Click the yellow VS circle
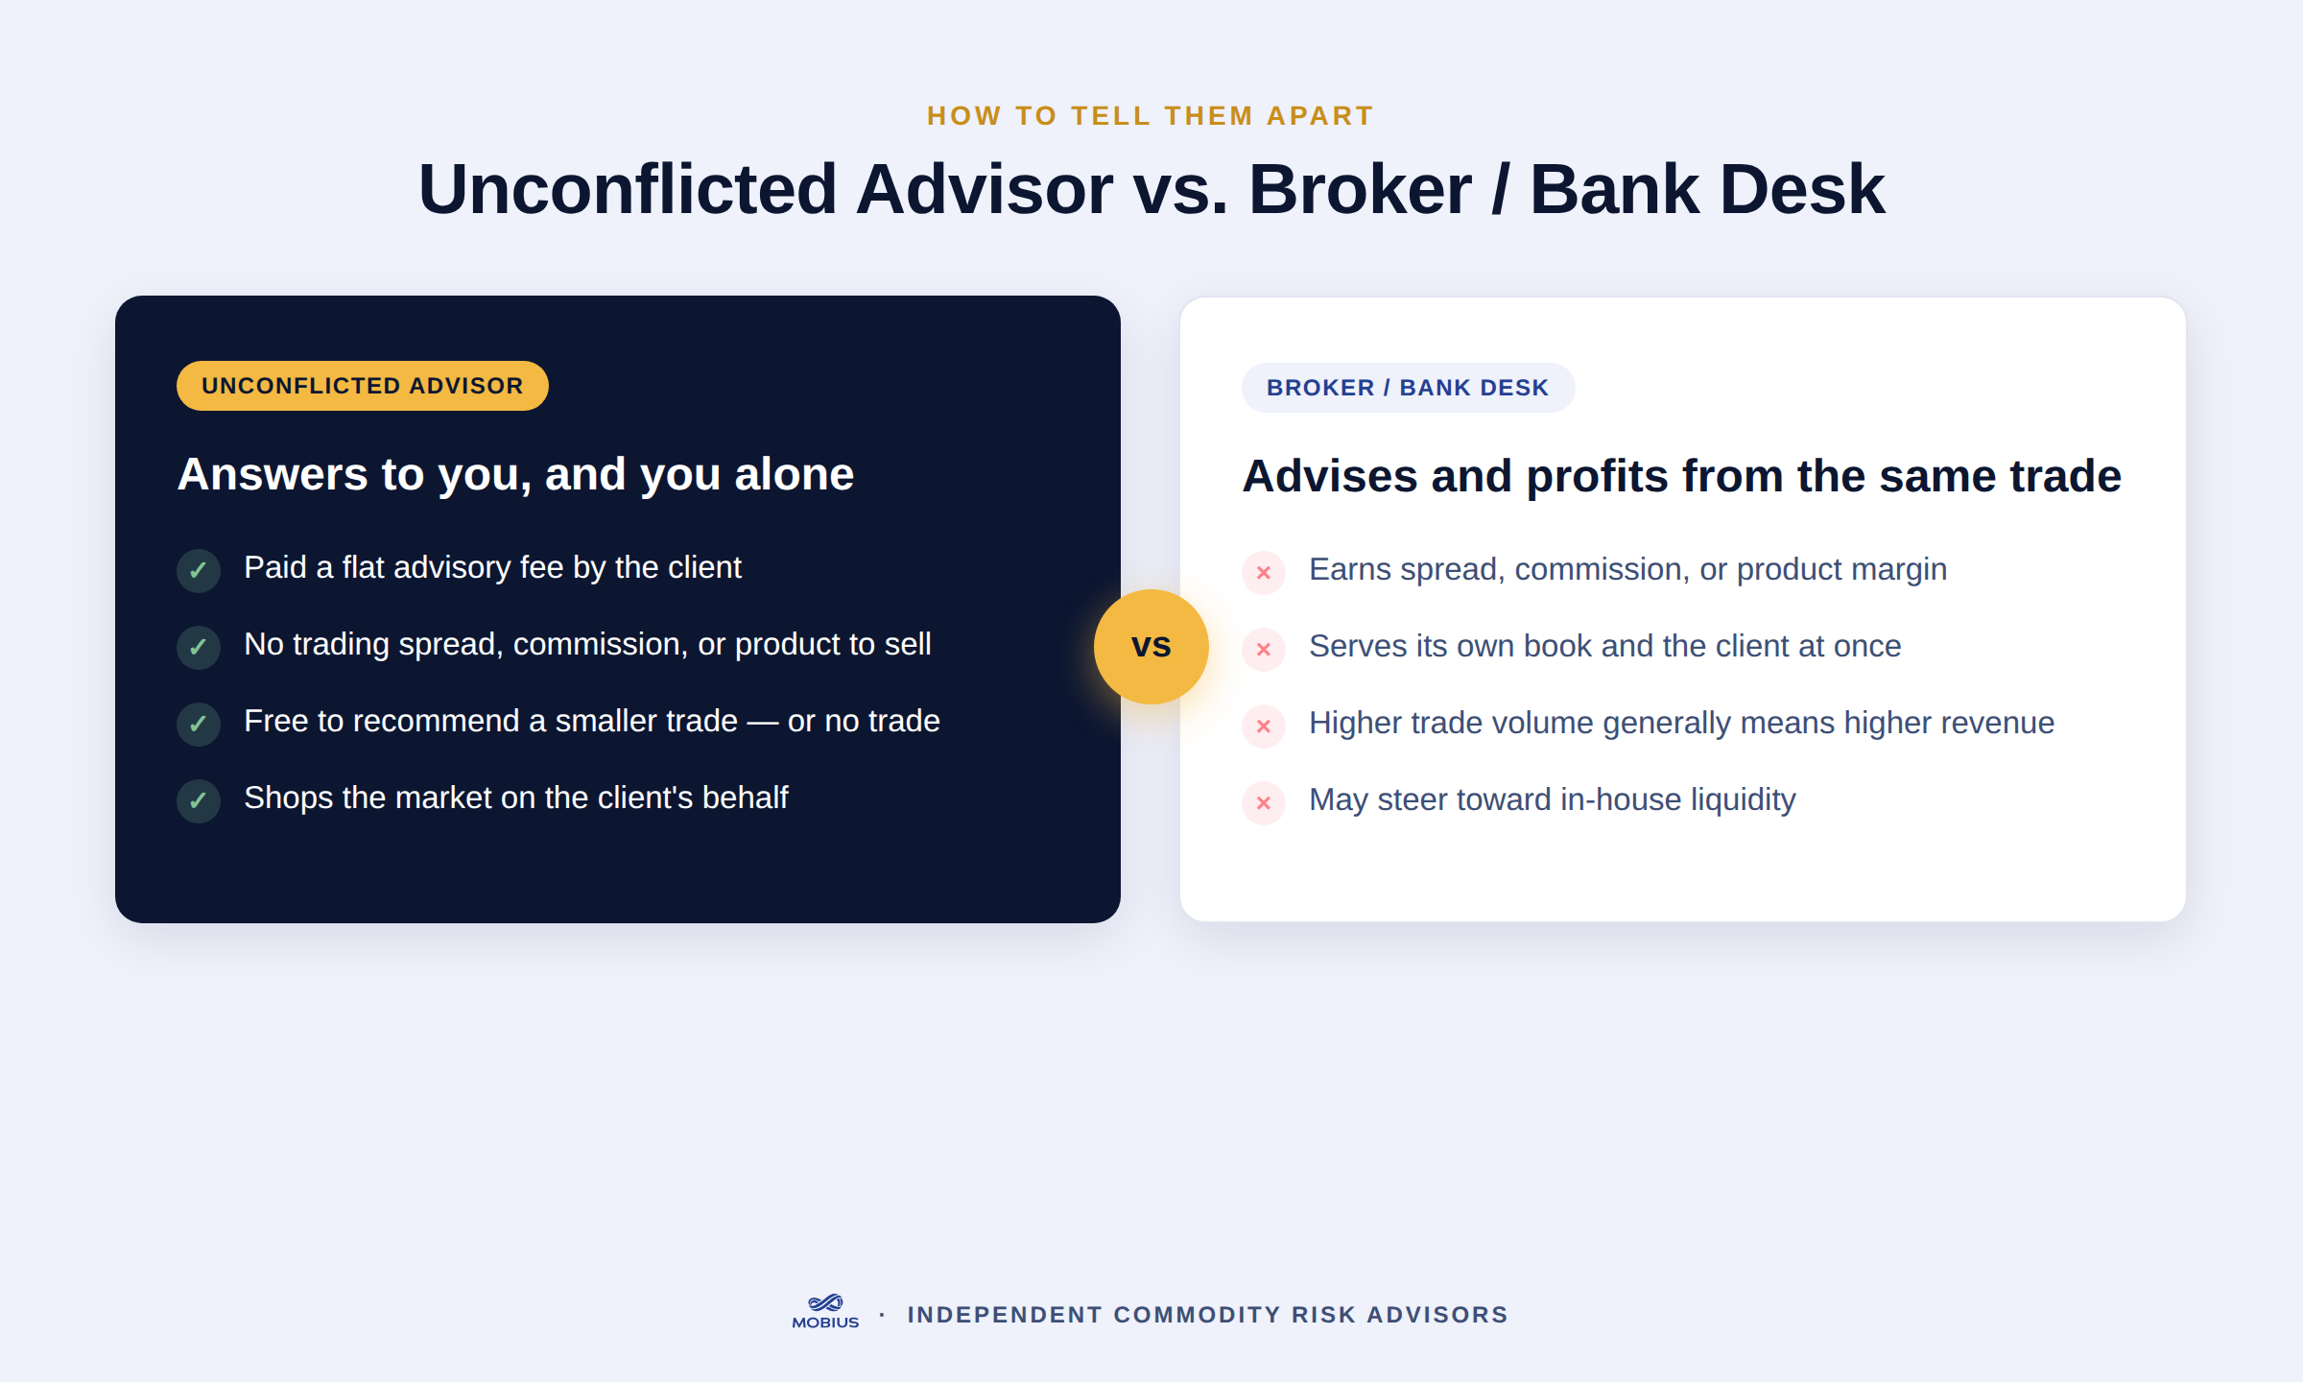1151,646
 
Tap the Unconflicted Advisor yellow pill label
363,386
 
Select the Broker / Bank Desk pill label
1408,388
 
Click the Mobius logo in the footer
825,1312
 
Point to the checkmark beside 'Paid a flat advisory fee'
199,570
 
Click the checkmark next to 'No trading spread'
199,647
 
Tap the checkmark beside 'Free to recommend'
199,724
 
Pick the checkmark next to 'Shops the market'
199,800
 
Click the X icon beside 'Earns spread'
1264,572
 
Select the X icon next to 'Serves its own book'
1264,649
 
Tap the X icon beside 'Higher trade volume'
1264,726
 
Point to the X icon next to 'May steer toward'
1264,802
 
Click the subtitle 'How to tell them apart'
1151,116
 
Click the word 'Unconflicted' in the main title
628,189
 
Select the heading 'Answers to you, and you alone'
516,474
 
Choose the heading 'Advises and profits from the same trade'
1682,476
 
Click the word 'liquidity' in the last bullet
1743,799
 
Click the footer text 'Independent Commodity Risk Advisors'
1208,1314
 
